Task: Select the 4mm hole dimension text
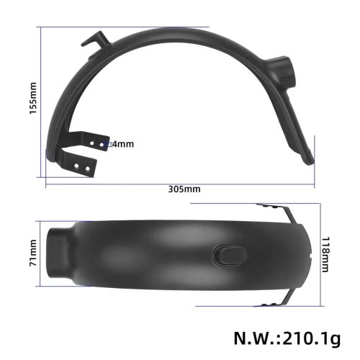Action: [x=123, y=144]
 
